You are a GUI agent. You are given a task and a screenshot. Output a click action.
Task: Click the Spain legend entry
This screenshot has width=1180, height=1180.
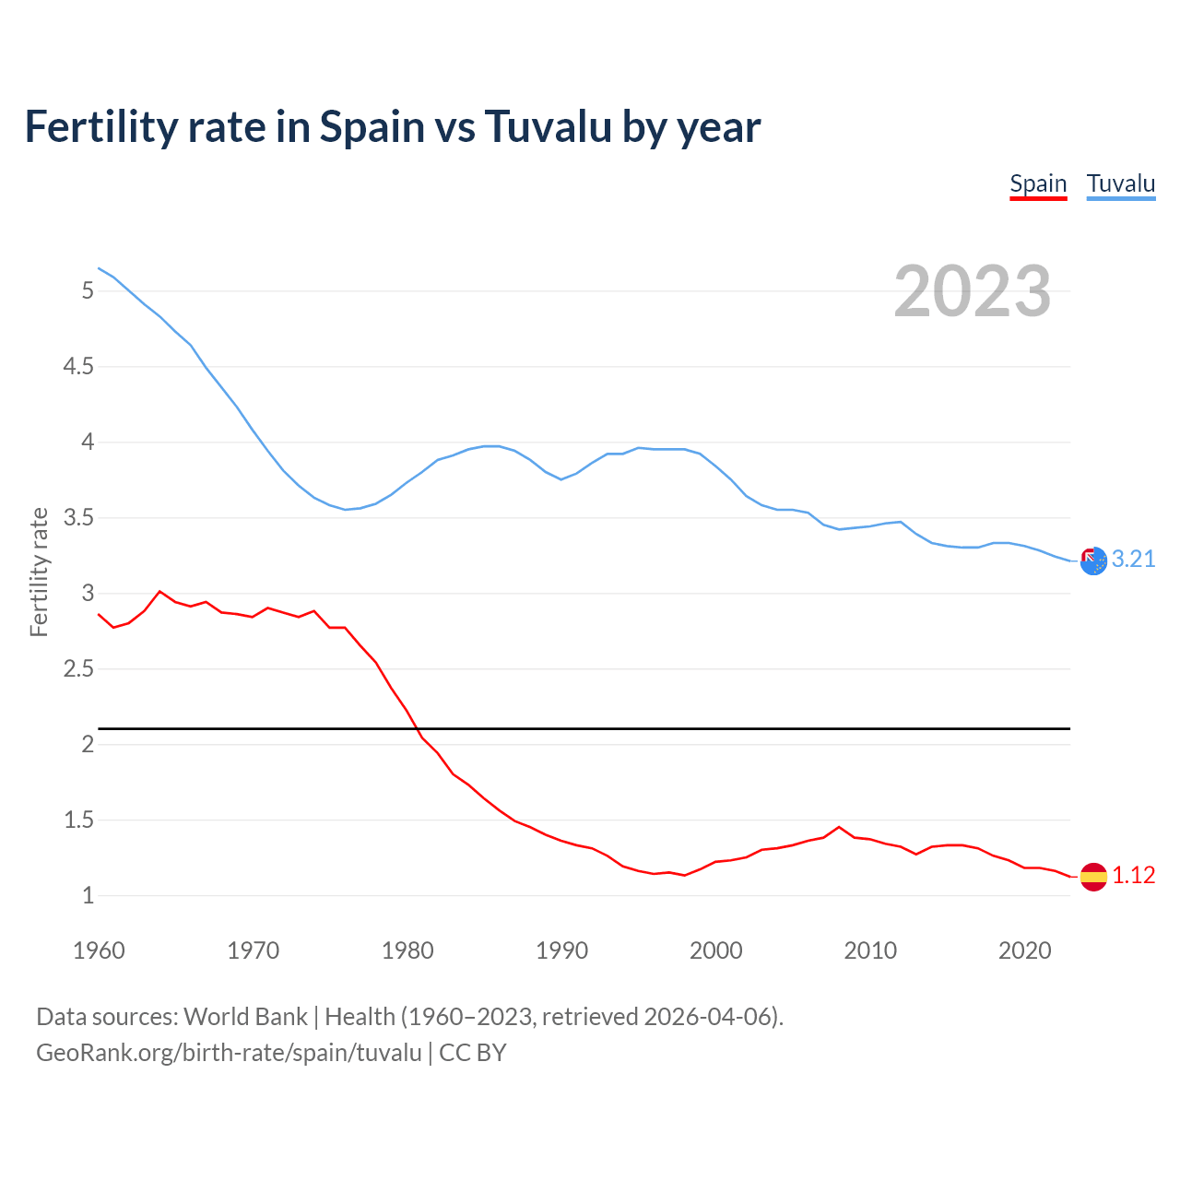[x=1038, y=184]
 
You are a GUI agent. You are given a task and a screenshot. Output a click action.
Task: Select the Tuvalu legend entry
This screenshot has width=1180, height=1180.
[x=1120, y=184]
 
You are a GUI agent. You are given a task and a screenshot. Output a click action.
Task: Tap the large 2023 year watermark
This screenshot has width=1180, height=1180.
[x=973, y=291]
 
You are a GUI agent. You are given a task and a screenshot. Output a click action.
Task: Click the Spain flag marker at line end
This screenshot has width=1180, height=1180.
[x=1093, y=877]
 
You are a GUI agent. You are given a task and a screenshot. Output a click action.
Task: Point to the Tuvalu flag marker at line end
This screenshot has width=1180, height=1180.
[x=1093, y=560]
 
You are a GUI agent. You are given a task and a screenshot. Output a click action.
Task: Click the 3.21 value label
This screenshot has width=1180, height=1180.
[x=1133, y=560]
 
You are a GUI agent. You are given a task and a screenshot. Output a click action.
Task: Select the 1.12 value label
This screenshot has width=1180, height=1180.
[x=1133, y=876]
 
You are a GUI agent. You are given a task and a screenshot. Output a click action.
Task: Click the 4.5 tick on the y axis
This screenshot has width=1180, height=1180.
[x=78, y=367]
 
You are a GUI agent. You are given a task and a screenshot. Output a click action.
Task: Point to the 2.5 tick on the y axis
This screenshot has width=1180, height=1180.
[x=78, y=669]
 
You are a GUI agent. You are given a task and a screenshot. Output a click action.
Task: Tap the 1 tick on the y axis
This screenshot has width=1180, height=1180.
[x=88, y=896]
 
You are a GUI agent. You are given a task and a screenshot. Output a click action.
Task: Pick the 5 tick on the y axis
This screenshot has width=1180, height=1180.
[x=88, y=291]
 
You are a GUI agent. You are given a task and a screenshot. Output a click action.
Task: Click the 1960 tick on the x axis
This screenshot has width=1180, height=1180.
[x=99, y=950]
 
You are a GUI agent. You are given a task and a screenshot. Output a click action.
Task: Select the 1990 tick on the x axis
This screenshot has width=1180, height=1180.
[x=561, y=950]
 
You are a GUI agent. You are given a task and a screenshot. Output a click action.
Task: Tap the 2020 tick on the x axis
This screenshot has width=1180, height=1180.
[x=1024, y=950]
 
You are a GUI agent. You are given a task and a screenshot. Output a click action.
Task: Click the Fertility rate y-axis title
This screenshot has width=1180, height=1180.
[x=39, y=572]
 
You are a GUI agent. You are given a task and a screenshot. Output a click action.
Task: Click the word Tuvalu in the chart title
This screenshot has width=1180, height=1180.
[x=548, y=126]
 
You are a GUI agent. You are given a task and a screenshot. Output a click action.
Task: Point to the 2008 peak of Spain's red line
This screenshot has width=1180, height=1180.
[x=839, y=827]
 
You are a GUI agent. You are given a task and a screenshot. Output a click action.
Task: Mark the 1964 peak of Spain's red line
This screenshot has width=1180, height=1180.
[x=160, y=591]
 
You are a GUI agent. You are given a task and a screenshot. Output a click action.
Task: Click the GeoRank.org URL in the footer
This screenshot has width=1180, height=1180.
[x=229, y=1052]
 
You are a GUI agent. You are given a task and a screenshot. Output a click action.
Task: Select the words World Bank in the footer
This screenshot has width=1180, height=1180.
[x=245, y=1017]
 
